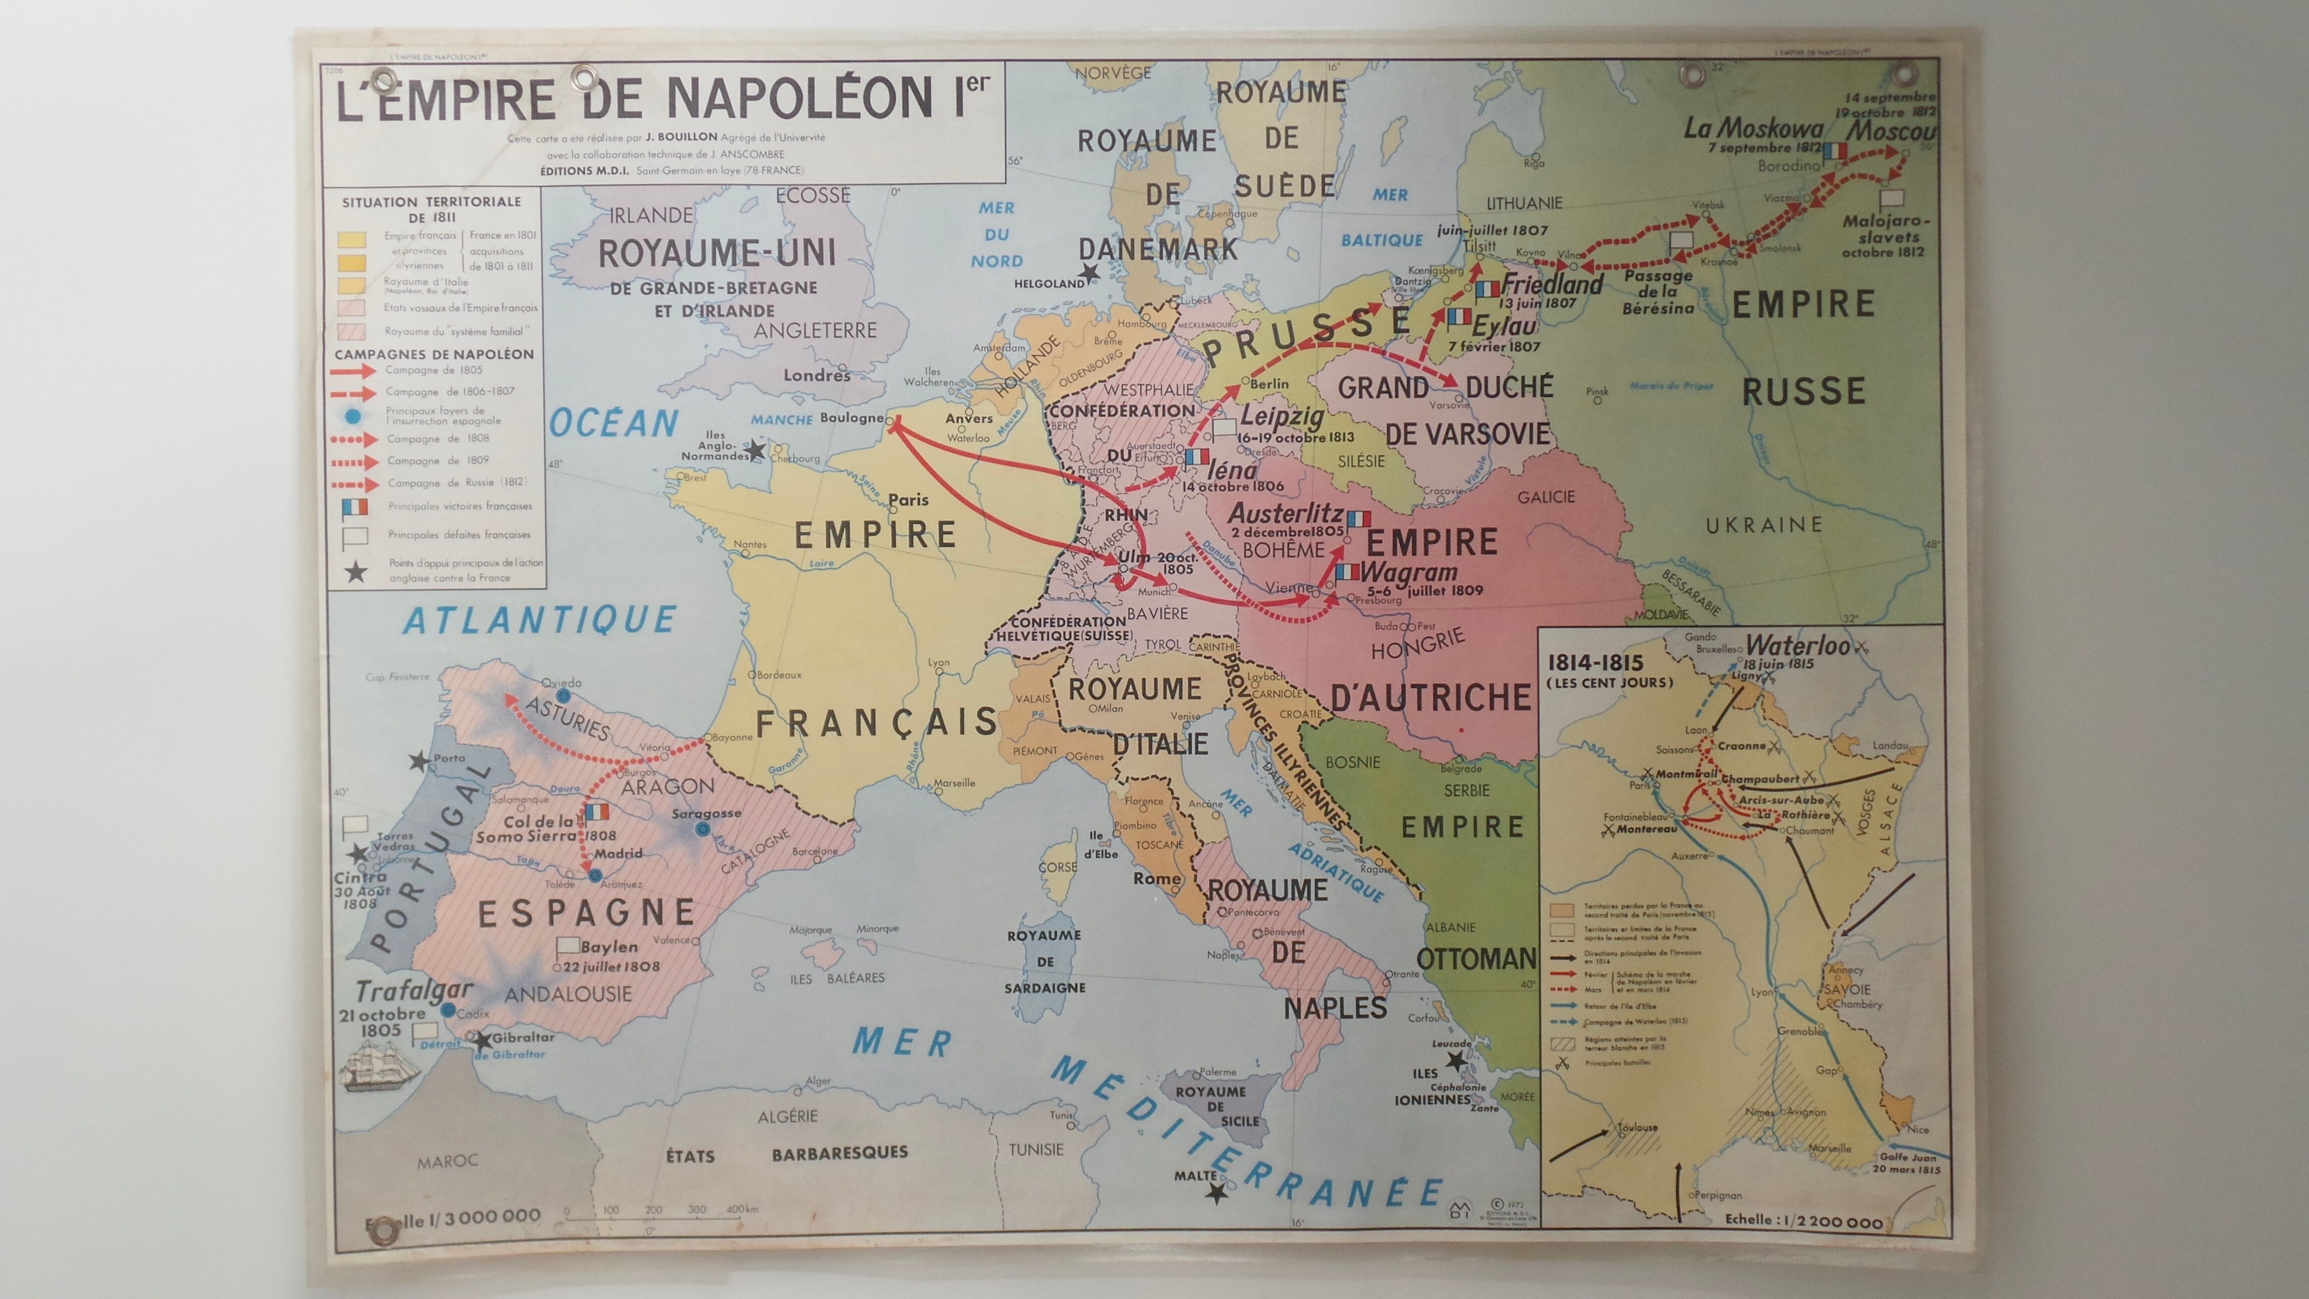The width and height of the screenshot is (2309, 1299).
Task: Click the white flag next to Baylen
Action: (567, 945)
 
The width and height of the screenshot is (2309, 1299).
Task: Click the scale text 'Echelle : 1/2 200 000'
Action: (1803, 1220)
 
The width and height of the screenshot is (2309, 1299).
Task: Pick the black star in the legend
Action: (356, 571)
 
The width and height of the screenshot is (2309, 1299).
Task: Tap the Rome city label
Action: (1157, 879)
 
